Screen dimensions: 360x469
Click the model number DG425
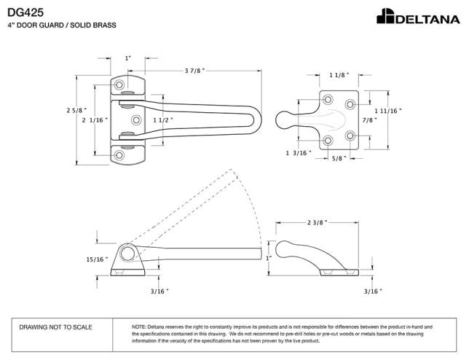pyautogui.click(x=25, y=11)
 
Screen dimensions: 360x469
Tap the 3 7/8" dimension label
pyautogui.click(x=194, y=70)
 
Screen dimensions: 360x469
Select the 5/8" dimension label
pyautogui.click(x=339, y=157)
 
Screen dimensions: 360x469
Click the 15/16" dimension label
pyautogui.click(x=96, y=259)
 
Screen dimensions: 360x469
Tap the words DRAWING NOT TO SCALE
pyautogui.click(x=55, y=327)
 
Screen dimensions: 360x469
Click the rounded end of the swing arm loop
pyautogui.click(x=256, y=119)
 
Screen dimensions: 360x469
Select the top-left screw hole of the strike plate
pyautogui.click(x=327, y=98)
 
